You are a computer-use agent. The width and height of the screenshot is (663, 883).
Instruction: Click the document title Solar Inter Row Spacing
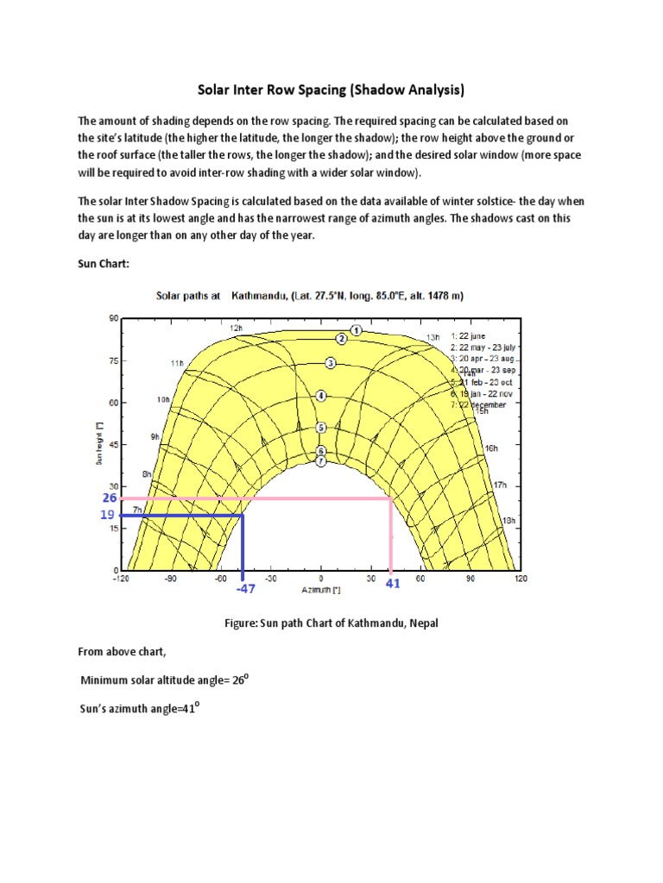coord(331,90)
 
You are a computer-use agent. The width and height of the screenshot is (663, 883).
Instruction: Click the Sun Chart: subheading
coord(104,264)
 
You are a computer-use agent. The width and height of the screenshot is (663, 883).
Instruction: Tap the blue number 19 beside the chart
coord(106,515)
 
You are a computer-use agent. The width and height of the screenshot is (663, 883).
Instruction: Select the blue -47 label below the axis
coord(246,588)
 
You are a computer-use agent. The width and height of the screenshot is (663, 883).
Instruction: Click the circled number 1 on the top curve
coord(356,330)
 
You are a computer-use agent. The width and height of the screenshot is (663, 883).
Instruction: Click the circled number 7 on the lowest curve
coord(320,461)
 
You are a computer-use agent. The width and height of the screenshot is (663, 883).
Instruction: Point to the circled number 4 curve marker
coord(320,396)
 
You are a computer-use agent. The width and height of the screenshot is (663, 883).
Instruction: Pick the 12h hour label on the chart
coord(235,329)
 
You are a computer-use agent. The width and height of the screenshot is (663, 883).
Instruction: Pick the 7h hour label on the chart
coord(137,511)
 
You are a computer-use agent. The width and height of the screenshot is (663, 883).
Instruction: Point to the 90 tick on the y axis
coord(112,319)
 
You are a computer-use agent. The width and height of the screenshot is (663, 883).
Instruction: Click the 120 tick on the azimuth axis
coord(521,579)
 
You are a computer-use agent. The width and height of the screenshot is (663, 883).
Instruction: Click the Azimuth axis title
coord(321,591)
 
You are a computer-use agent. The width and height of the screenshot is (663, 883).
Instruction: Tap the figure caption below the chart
coord(331,623)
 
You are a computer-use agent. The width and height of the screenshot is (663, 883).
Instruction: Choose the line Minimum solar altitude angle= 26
coord(164,680)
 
